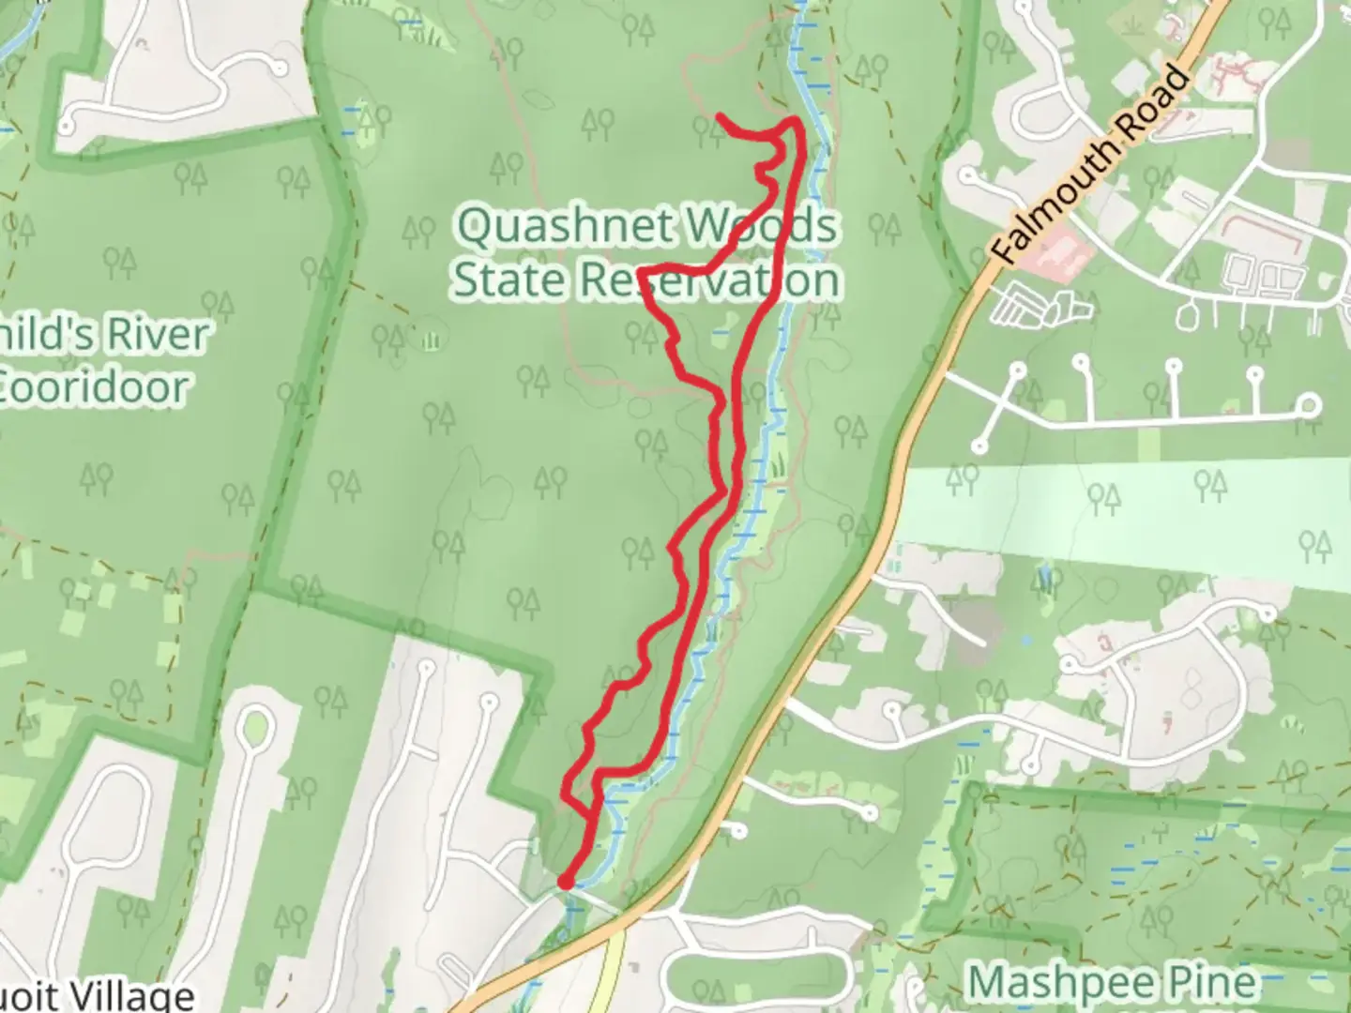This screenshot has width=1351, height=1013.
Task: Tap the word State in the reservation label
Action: click(x=507, y=280)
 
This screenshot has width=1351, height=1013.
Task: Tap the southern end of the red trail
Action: click(x=566, y=882)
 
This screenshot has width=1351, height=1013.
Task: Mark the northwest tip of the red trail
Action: click(x=721, y=116)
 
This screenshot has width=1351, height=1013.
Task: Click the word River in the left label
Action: click(x=155, y=335)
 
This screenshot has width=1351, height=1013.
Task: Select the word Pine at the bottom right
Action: click(x=1211, y=983)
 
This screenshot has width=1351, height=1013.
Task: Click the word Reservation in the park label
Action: click(x=708, y=280)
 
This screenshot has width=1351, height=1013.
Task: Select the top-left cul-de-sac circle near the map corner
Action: click(x=68, y=125)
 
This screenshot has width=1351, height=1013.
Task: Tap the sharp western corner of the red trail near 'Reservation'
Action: click(x=643, y=272)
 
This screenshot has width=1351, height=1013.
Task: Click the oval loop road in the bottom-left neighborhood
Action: click(x=256, y=727)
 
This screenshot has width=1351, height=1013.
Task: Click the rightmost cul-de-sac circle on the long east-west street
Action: click(x=1310, y=405)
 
